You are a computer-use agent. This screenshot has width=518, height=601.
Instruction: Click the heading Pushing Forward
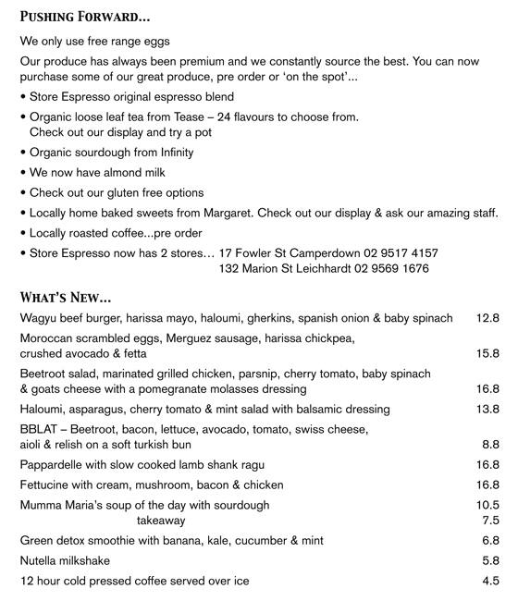tap(85, 17)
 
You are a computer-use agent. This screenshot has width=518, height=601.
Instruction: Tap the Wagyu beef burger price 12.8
tap(487, 318)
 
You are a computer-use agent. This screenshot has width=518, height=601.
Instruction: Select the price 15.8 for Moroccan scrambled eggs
tap(487, 353)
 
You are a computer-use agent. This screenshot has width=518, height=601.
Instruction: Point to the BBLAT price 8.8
tap(491, 444)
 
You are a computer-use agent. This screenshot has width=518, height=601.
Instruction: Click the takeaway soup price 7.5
tap(491, 521)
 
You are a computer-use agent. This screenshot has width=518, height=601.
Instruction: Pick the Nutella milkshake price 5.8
tap(491, 560)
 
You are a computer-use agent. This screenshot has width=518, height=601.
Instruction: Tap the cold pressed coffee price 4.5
tap(491, 581)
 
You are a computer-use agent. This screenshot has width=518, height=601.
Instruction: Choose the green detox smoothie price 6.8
tap(491, 541)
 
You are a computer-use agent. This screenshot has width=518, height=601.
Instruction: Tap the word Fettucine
tap(46, 484)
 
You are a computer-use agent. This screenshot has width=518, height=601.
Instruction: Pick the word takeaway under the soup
tap(161, 521)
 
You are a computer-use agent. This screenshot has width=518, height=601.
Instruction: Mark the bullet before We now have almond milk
tap(23, 173)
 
